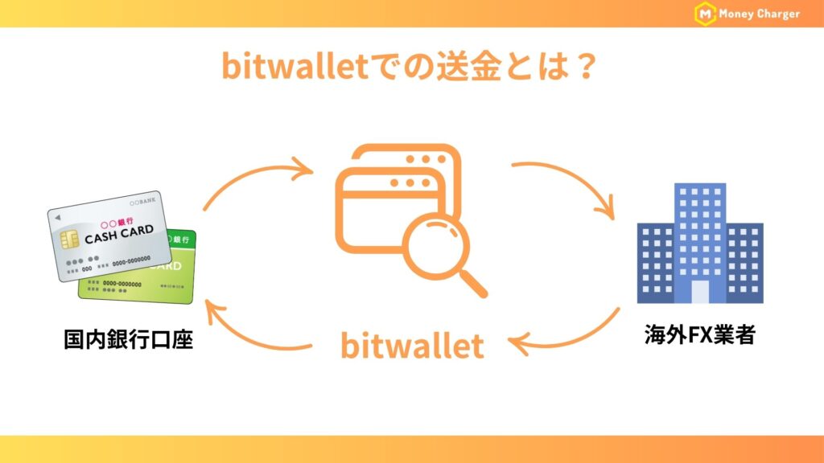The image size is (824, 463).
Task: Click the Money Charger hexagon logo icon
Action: point(706,14)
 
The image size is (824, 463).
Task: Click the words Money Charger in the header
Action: point(760,14)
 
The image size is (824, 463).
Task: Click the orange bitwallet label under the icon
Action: point(412,346)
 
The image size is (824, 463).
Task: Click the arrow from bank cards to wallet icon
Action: point(257,181)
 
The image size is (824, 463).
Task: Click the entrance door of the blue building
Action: point(699,291)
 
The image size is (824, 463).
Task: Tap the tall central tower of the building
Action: point(699,233)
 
